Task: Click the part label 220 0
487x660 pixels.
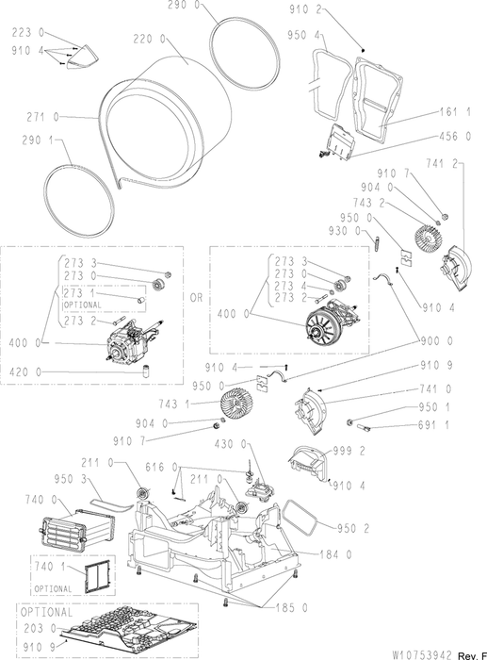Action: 149,40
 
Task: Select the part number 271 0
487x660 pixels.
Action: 43,118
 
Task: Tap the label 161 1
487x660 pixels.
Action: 456,112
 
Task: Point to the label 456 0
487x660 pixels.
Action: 456,136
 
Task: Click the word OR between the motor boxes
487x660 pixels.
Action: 196,298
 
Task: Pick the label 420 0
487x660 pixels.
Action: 25,372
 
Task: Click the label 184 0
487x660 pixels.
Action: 335,554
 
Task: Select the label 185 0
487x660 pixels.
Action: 292,608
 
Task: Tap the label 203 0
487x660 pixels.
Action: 40,628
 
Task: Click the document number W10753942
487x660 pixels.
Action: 422,655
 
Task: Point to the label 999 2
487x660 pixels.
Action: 349,452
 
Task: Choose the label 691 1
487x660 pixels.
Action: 433,425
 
